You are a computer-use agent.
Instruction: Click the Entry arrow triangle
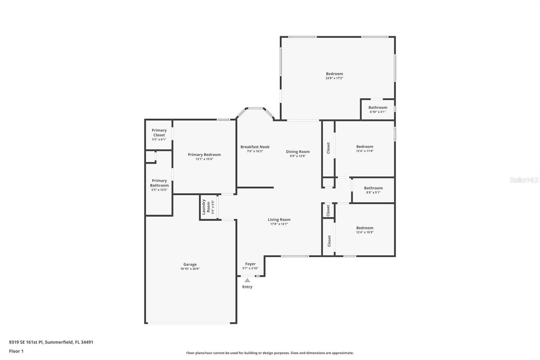click(247, 280)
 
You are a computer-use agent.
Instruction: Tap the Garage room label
click(190, 264)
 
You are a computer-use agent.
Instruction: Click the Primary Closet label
click(159, 132)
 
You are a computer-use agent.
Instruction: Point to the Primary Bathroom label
click(159, 183)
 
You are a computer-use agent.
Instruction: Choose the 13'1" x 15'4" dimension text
click(204, 159)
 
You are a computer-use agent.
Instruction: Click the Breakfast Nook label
click(255, 147)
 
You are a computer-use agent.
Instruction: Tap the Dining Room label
click(298, 152)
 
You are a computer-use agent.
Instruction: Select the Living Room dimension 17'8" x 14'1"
click(279, 224)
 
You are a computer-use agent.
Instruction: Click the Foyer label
click(250, 264)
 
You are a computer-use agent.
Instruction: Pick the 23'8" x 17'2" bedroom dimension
click(334, 78)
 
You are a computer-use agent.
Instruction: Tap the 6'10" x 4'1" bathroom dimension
click(378, 112)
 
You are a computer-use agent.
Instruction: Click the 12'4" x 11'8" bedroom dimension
click(364, 151)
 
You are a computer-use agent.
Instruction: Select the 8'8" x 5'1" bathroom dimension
click(373, 192)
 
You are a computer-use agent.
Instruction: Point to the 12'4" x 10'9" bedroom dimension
click(364, 232)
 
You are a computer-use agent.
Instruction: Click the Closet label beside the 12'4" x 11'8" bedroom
click(328, 148)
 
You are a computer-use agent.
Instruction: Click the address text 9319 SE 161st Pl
click(26, 342)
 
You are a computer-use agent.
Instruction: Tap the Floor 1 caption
click(16, 351)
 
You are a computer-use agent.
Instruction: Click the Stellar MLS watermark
click(524, 180)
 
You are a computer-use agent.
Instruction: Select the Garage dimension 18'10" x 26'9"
click(190, 269)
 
